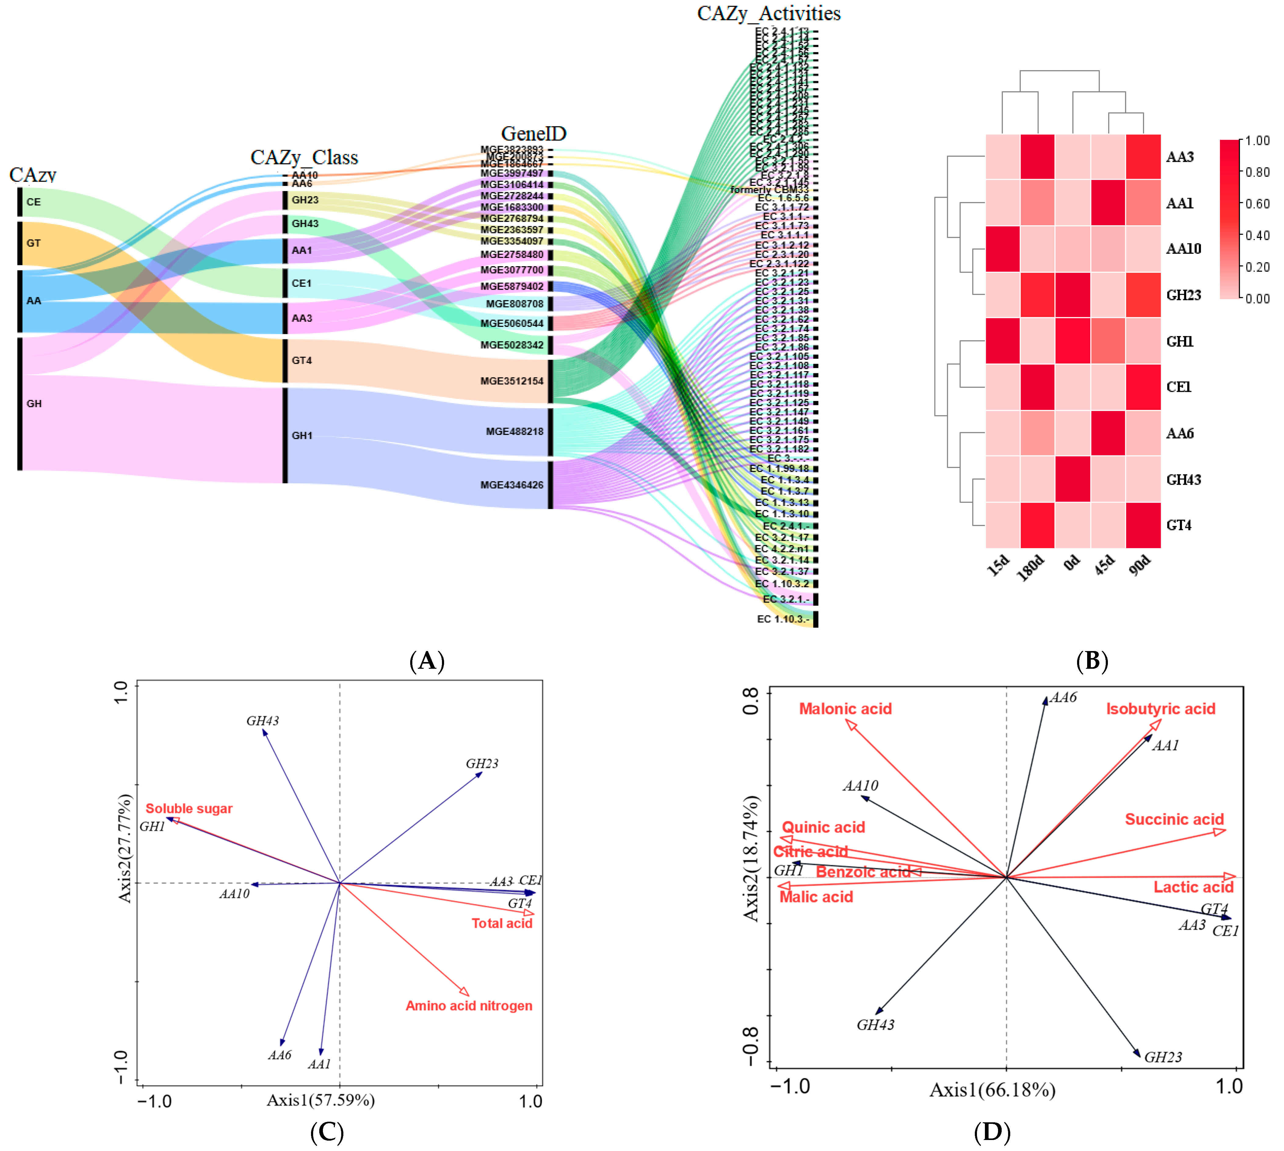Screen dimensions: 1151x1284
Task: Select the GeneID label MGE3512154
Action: click(512, 381)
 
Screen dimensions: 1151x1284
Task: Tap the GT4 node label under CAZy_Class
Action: click(302, 360)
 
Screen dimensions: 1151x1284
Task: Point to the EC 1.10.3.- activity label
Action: click(783, 619)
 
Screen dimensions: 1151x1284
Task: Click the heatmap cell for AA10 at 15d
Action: click(1003, 249)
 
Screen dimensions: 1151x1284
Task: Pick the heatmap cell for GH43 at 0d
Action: click(1073, 480)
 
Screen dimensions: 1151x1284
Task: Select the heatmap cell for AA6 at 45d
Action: click(1108, 433)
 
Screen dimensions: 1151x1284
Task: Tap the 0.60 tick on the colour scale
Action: click(1257, 204)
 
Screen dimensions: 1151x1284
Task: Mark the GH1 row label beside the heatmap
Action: click(1180, 342)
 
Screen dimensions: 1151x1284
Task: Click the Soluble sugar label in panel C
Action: click(189, 809)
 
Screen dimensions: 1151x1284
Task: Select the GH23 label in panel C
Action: click(482, 764)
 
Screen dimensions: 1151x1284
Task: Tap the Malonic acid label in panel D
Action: click(845, 709)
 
